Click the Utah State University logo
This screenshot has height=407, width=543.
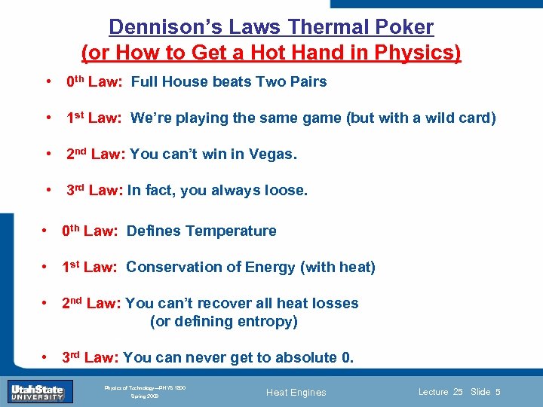point(36,391)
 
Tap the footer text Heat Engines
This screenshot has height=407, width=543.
point(297,392)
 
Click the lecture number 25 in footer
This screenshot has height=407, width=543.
point(458,392)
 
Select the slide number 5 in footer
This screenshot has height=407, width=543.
point(499,392)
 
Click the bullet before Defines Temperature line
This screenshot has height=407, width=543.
point(45,231)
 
